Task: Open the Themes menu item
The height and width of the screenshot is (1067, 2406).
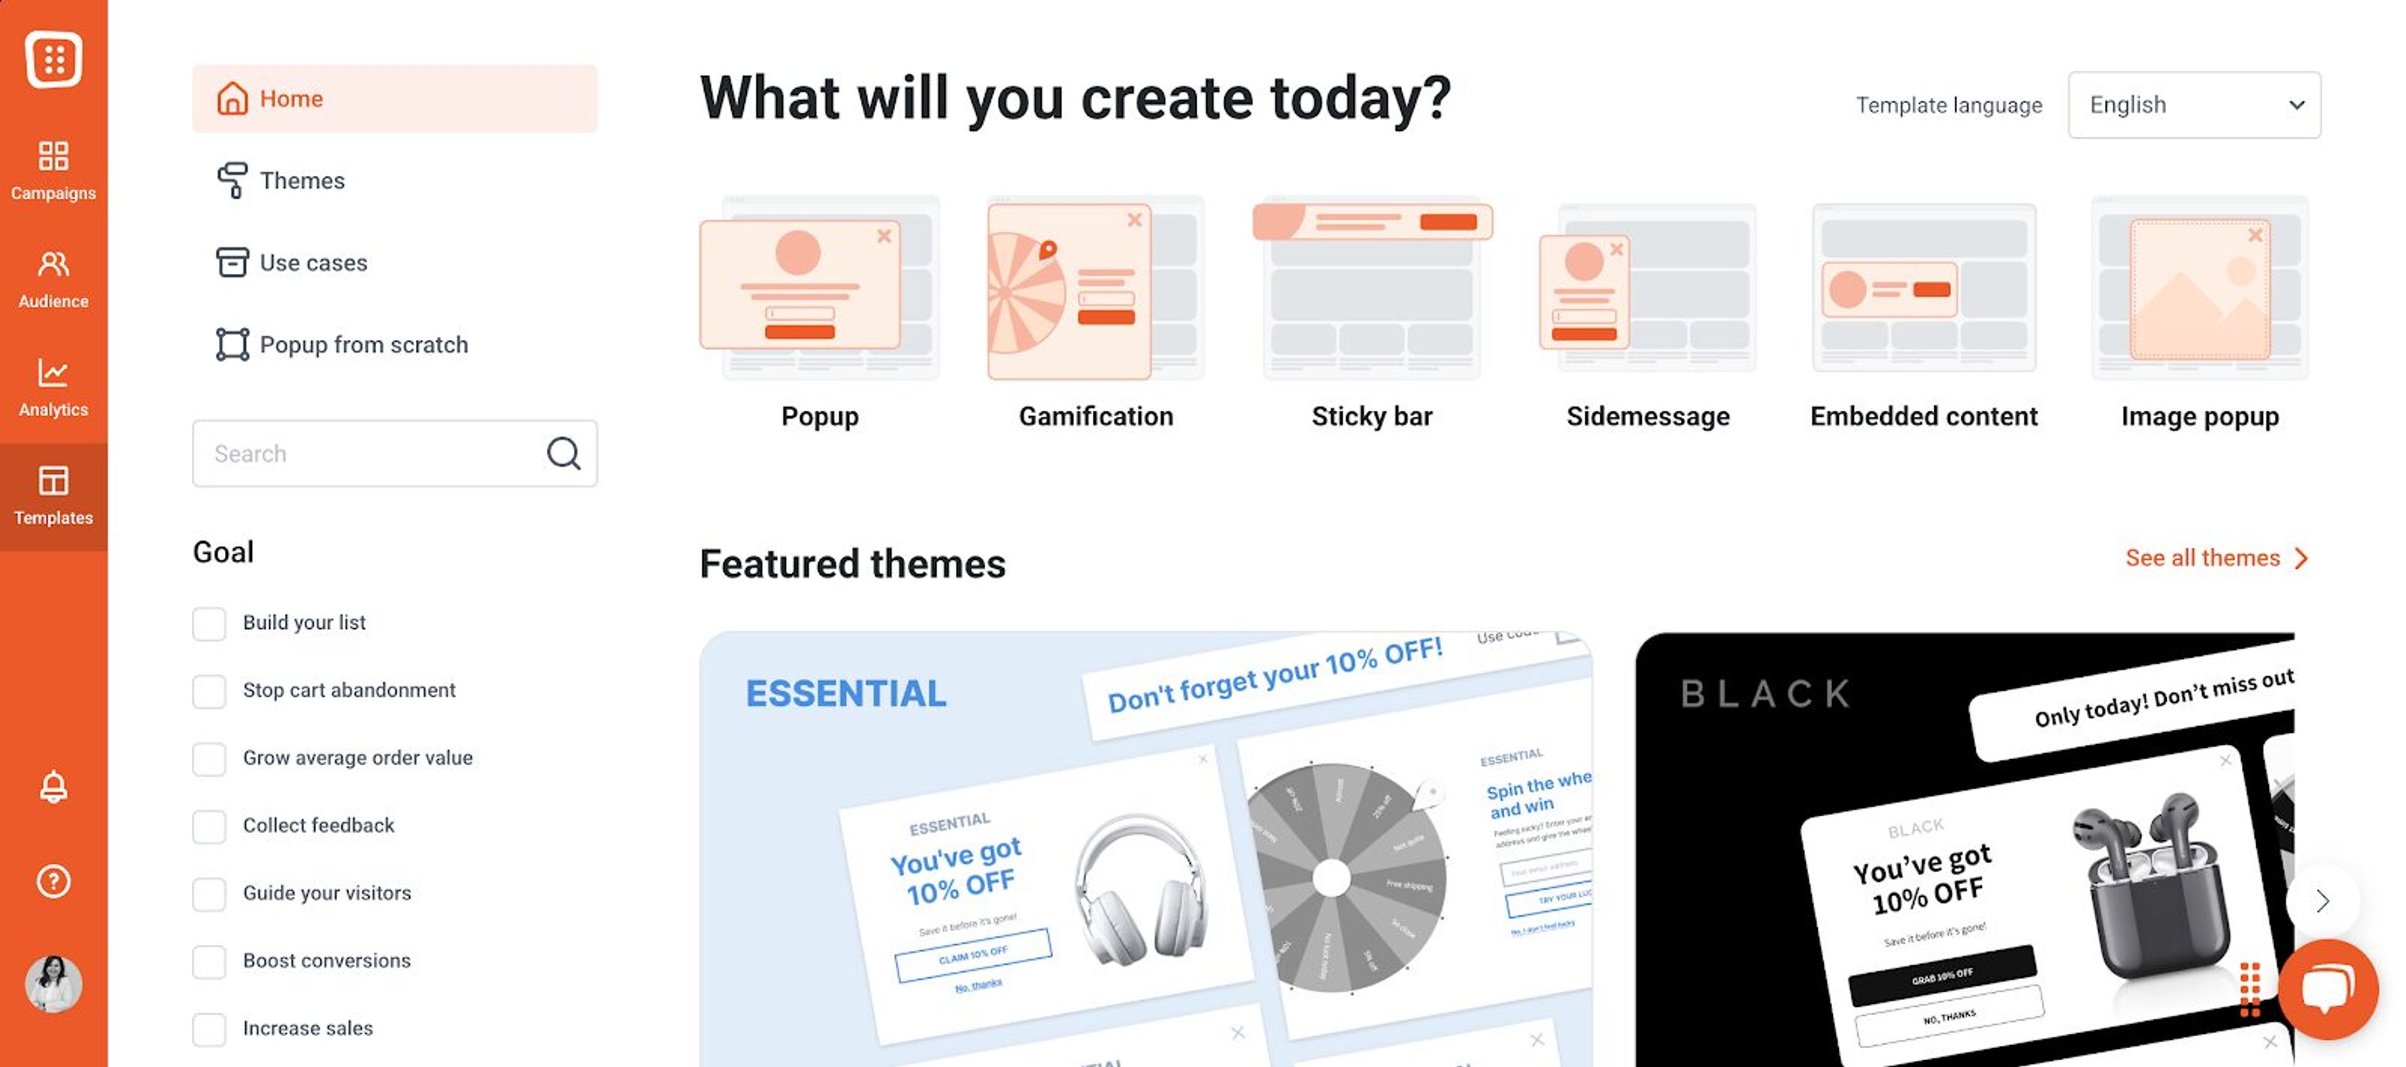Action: tap(301, 181)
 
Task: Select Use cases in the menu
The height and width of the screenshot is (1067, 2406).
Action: tap(312, 263)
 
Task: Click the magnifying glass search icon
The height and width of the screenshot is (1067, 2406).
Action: tap(563, 453)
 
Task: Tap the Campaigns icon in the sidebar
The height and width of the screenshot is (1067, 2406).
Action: tap(53, 170)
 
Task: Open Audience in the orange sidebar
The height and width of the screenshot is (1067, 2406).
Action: tap(53, 278)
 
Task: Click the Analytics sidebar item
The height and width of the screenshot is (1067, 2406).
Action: tap(53, 387)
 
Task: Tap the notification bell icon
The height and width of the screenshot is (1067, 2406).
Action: tap(53, 787)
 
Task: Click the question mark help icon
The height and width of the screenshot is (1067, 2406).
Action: tap(53, 881)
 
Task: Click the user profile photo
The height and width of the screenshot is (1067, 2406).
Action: tap(53, 983)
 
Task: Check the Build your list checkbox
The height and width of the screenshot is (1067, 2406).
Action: tap(209, 623)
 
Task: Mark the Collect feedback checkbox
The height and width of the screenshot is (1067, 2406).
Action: tap(209, 826)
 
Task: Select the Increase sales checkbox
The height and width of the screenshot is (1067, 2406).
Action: tap(209, 1029)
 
